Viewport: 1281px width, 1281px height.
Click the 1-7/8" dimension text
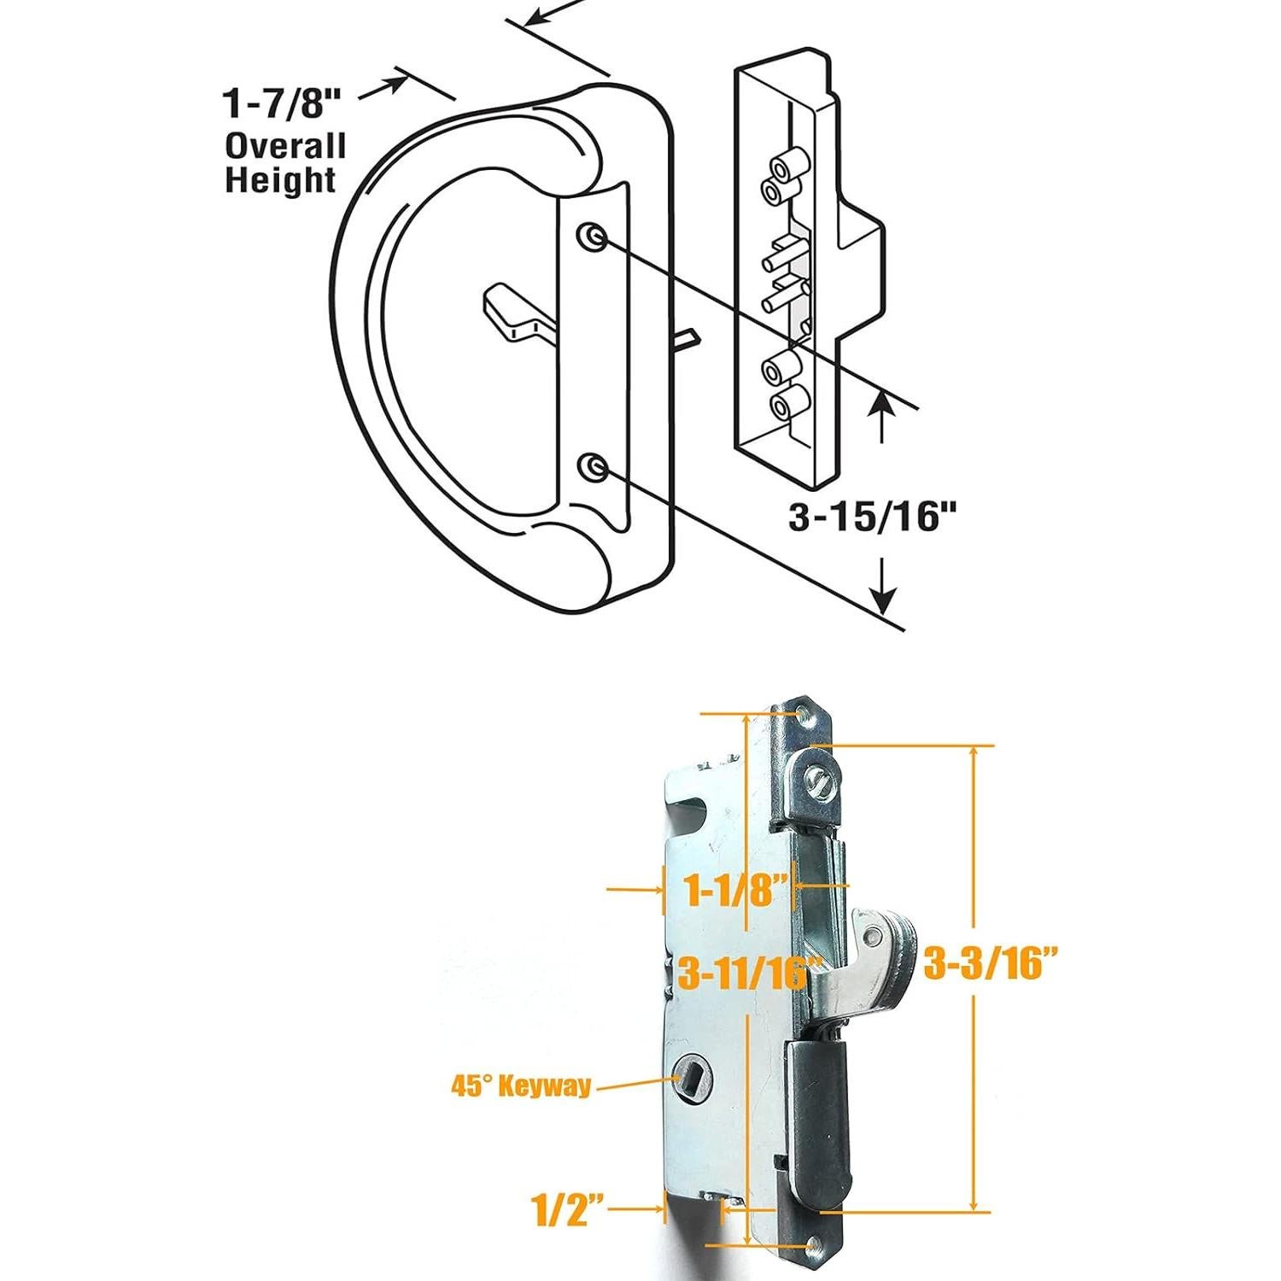point(282,103)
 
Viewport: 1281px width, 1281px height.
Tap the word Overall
point(284,146)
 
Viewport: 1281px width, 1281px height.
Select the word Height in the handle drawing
point(280,181)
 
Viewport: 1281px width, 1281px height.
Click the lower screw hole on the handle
point(591,467)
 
